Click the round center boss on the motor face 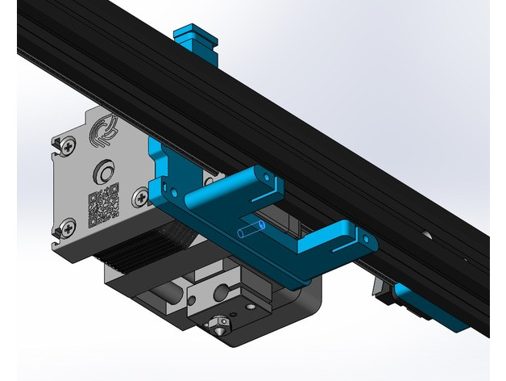[x=103, y=171]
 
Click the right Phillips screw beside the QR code [x=143, y=195]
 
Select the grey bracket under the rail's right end [x=380, y=291]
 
